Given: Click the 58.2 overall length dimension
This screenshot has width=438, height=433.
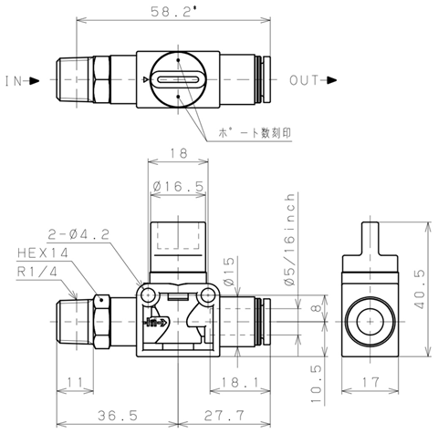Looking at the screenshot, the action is pos(173,12).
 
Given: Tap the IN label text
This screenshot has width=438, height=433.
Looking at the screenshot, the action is pos(14,81).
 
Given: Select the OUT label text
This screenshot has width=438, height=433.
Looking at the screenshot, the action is pos(304,80).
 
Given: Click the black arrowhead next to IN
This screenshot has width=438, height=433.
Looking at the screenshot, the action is pos(35,81).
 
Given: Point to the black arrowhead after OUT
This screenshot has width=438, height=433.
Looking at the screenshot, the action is pos(332,80).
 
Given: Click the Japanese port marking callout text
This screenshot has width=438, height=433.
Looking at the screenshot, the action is pos(255,133).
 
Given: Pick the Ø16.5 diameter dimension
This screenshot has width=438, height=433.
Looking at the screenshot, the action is pos(178,186).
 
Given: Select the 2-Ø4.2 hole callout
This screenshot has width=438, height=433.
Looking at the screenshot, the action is pos(78,234).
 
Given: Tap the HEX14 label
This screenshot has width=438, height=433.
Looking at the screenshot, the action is pos(43,253).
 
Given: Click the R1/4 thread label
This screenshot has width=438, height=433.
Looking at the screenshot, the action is pos(36,272).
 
